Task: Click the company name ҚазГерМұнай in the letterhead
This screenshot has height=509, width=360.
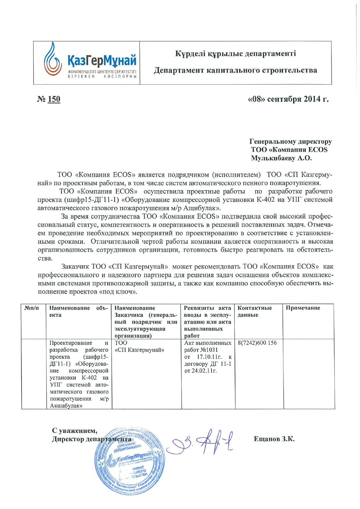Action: [x=102, y=60]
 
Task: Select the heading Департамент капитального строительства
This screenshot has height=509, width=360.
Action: [x=235, y=70]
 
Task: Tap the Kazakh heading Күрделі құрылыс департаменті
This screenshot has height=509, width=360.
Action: [x=235, y=54]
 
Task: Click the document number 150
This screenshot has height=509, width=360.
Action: [x=54, y=99]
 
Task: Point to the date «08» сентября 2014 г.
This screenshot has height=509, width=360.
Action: [x=288, y=99]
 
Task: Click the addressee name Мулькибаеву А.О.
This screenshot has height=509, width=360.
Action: [x=281, y=158]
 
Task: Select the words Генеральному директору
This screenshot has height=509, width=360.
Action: [x=290, y=141]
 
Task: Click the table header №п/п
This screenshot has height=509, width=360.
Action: [x=31, y=308]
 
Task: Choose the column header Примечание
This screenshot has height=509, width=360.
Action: [x=303, y=308]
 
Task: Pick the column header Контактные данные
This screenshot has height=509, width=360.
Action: [x=254, y=311]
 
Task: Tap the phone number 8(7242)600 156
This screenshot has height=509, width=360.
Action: [x=257, y=343]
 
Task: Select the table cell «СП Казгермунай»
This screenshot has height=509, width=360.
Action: [x=140, y=350]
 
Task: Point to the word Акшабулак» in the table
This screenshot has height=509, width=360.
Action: [x=66, y=406]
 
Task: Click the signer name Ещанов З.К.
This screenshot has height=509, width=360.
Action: [x=274, y=439]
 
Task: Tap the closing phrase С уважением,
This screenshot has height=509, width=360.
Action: [x=75, y=431]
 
